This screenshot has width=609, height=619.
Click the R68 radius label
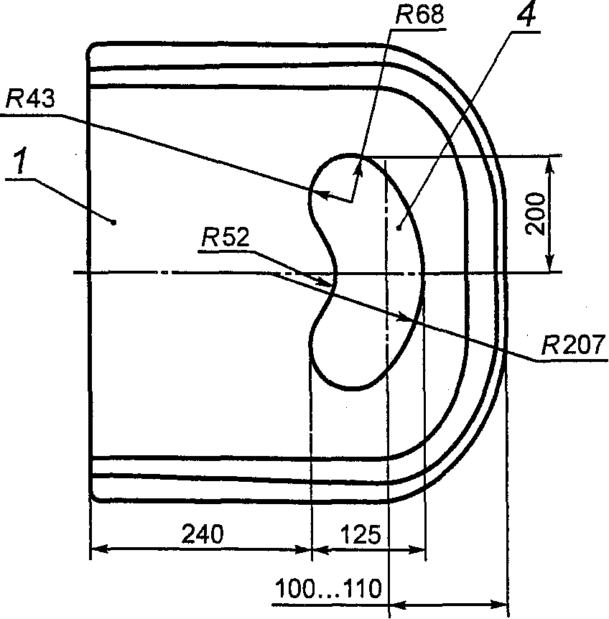click(x=419, y=15)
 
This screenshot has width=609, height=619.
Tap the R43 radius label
click(x=30, y=98)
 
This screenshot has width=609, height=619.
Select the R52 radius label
click(x=226, y=237)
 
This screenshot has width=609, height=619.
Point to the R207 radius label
click(x=572, y=345)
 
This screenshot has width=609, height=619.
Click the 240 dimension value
click(x=203, y=534)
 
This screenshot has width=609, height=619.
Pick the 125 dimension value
click(x=361, y=534)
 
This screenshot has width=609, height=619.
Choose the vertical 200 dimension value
click(x=535, y=213)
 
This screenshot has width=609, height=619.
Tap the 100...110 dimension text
click(x=328, y=589)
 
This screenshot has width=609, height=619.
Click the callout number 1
click(x=21, y=161)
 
